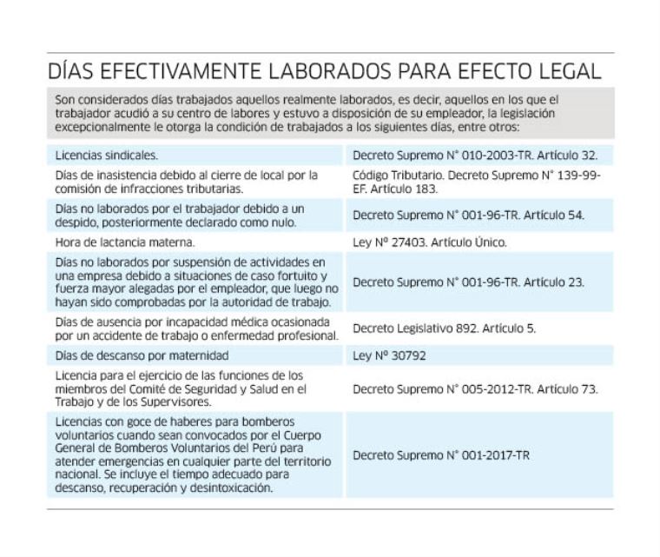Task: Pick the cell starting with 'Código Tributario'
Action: point(477,182)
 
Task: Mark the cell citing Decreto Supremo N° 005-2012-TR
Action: point(475,388)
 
